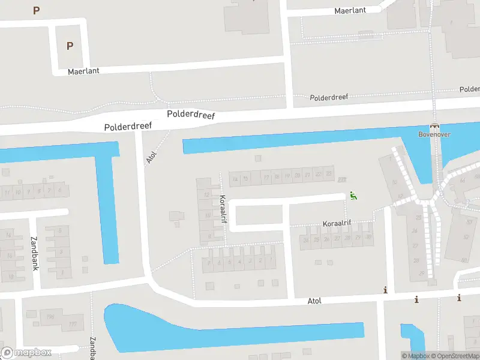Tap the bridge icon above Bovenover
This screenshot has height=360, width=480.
(x=434, y=126)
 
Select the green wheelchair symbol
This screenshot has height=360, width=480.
(x=353, y=195)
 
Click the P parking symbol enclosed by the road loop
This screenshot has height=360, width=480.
(x=70, y=46)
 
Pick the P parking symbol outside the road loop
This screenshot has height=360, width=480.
(x=36, y=10)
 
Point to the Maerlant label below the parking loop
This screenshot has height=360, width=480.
(x=83, y=71)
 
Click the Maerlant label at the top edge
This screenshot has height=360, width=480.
(x=350, y=11)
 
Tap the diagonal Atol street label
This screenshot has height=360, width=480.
(x=151, y=157)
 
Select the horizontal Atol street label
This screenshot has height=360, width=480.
(x=314, y=300)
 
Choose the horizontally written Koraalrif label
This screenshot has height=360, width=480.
(x=337, y=223)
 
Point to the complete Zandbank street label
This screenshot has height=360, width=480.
(x=34, y=253)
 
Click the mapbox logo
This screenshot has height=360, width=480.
(x=26, y=353)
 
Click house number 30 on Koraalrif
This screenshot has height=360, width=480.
(x=368, y=237)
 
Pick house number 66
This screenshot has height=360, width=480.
(x=462, y=180)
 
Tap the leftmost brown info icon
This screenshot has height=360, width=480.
(x=385, y=290)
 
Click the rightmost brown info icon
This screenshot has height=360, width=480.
(x=459, y=298)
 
